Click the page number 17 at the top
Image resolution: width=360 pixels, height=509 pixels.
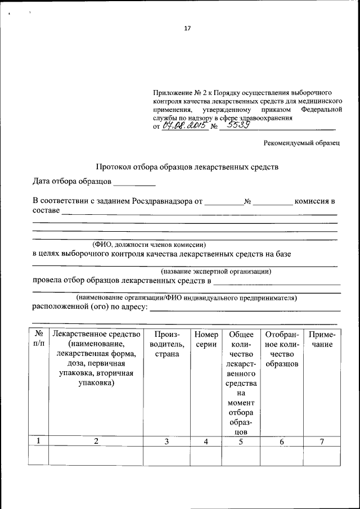click(187, 29)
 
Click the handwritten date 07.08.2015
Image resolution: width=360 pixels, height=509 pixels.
click(184, 127)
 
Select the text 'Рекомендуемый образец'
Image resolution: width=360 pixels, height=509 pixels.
click(302, 143)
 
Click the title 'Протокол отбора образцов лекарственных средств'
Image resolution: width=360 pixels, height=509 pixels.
click(187, 167)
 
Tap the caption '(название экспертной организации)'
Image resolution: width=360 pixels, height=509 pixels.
click(216, 271)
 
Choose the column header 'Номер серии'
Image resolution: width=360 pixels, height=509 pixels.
click(206, 339)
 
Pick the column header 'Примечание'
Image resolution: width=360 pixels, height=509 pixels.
click(322, 339)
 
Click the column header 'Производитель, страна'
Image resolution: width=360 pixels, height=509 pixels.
click(166, 344)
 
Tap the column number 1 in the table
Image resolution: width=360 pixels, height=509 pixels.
click(38, 442)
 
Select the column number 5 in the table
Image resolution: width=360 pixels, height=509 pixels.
click(241, 442)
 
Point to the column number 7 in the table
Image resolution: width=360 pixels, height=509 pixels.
click(322, 442)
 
